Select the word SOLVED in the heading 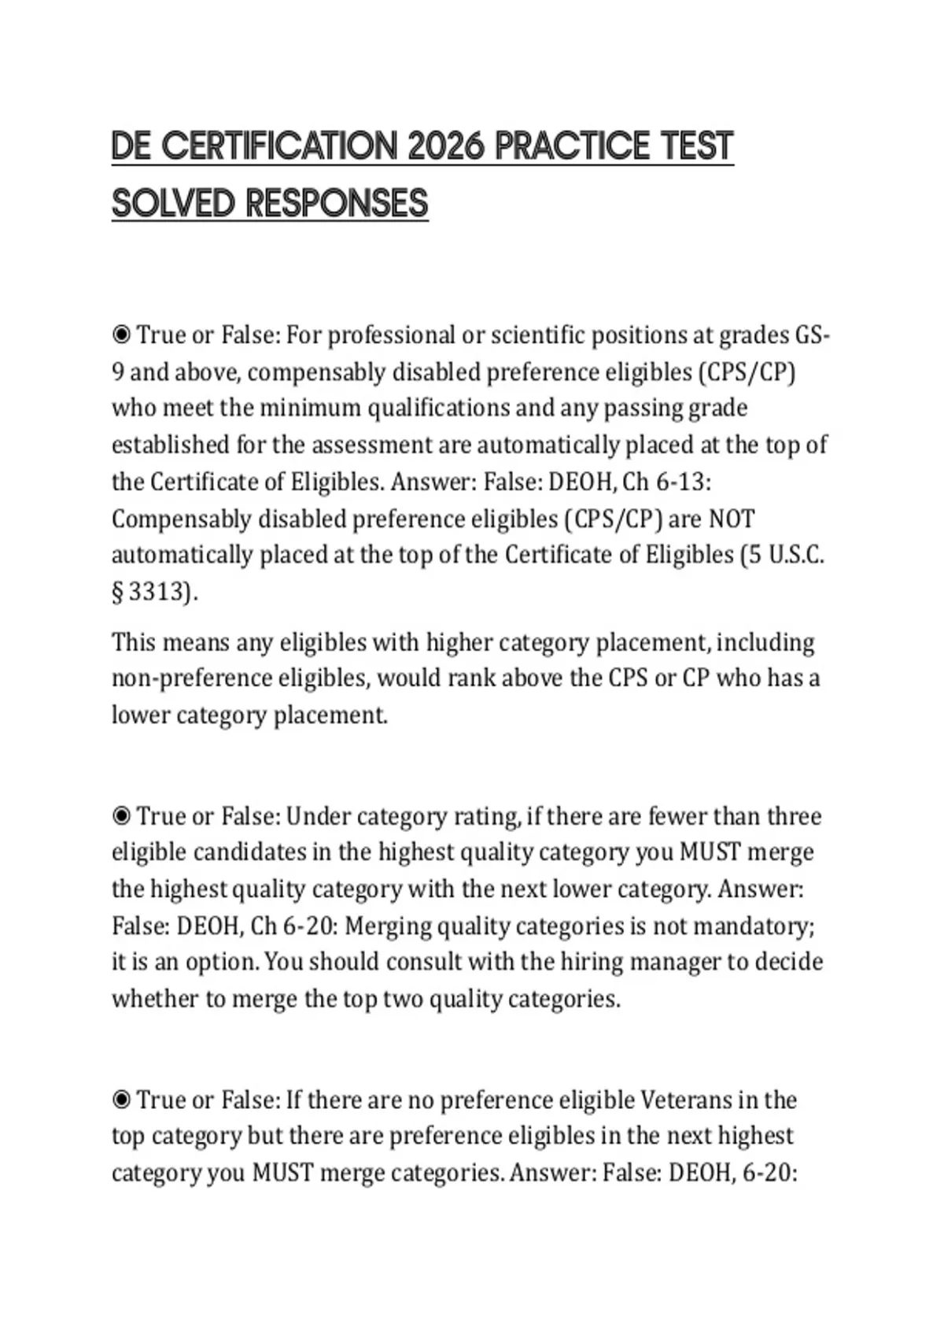(x=173, y=204)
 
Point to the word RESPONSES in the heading (x=337, y=204)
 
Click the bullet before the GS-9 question (x=121, y=335)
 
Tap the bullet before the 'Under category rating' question (x=121, y=816)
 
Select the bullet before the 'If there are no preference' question (x=121, y=1100)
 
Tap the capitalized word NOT (x=731, y=519)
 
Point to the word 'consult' (x=430, y=962)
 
